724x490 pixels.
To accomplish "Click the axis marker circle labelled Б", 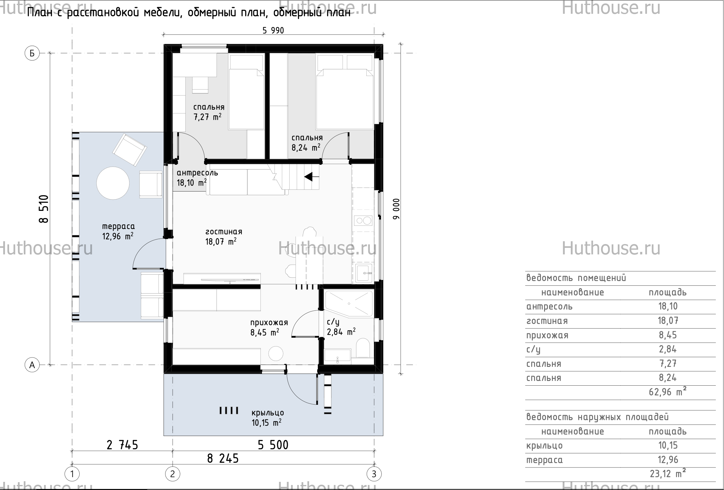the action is point(32,54).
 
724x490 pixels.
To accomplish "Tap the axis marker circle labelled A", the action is point(32,365).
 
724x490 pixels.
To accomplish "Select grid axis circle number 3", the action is point(374,474).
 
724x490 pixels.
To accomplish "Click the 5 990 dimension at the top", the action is point(273,30).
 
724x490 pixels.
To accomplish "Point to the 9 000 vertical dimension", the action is point(396,209).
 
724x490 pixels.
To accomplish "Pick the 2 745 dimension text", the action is point(122,445).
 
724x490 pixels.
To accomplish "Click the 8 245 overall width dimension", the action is point(223,459).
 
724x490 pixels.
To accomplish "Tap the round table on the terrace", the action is point(113,183).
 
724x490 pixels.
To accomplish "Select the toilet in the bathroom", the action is point(363,348).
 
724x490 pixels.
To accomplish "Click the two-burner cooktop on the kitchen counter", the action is point(363,221).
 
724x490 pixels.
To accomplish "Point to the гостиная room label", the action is point(224,232).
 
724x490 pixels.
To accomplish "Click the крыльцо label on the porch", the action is point(268,413).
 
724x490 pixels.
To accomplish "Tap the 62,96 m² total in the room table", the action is point(667,392).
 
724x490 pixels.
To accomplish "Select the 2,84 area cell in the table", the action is point(668,349).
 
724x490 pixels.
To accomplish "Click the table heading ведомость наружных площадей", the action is point(598,417).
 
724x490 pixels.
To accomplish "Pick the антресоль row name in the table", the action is point(549,306).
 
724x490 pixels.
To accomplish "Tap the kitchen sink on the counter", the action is point(364,273).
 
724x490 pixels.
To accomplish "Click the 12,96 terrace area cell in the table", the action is point(668,460).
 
